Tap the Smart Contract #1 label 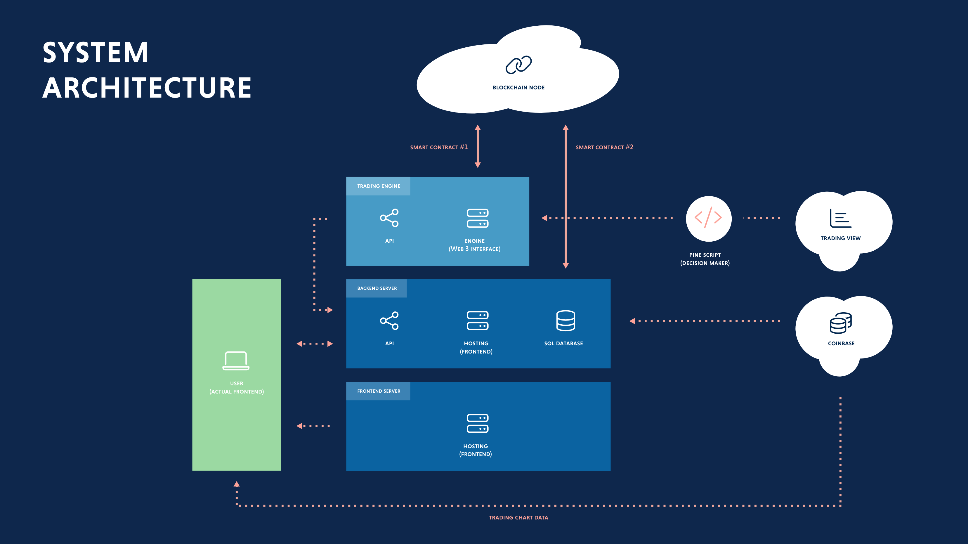tap(438, 147)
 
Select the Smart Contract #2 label tap(604, 147)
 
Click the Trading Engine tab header tap(378, 186)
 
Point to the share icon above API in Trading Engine tap(389, 218)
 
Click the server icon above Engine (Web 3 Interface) tap(477, 218)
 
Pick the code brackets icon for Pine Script tap(708, 218)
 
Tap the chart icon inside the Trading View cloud tap(840, 219)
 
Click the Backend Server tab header tap(377, 288)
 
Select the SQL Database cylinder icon tap(565, 321)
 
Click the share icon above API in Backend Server tap(389, 321)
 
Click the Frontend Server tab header tap(378, 391)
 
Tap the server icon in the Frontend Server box tap(477, 423)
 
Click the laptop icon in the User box tap(236, 361)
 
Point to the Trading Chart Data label tap(518, 518)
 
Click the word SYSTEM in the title tap(96, 53)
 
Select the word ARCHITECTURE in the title tap(147, 88)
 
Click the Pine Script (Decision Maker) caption tap(705, 259)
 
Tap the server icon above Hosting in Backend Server tap(477, 321)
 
